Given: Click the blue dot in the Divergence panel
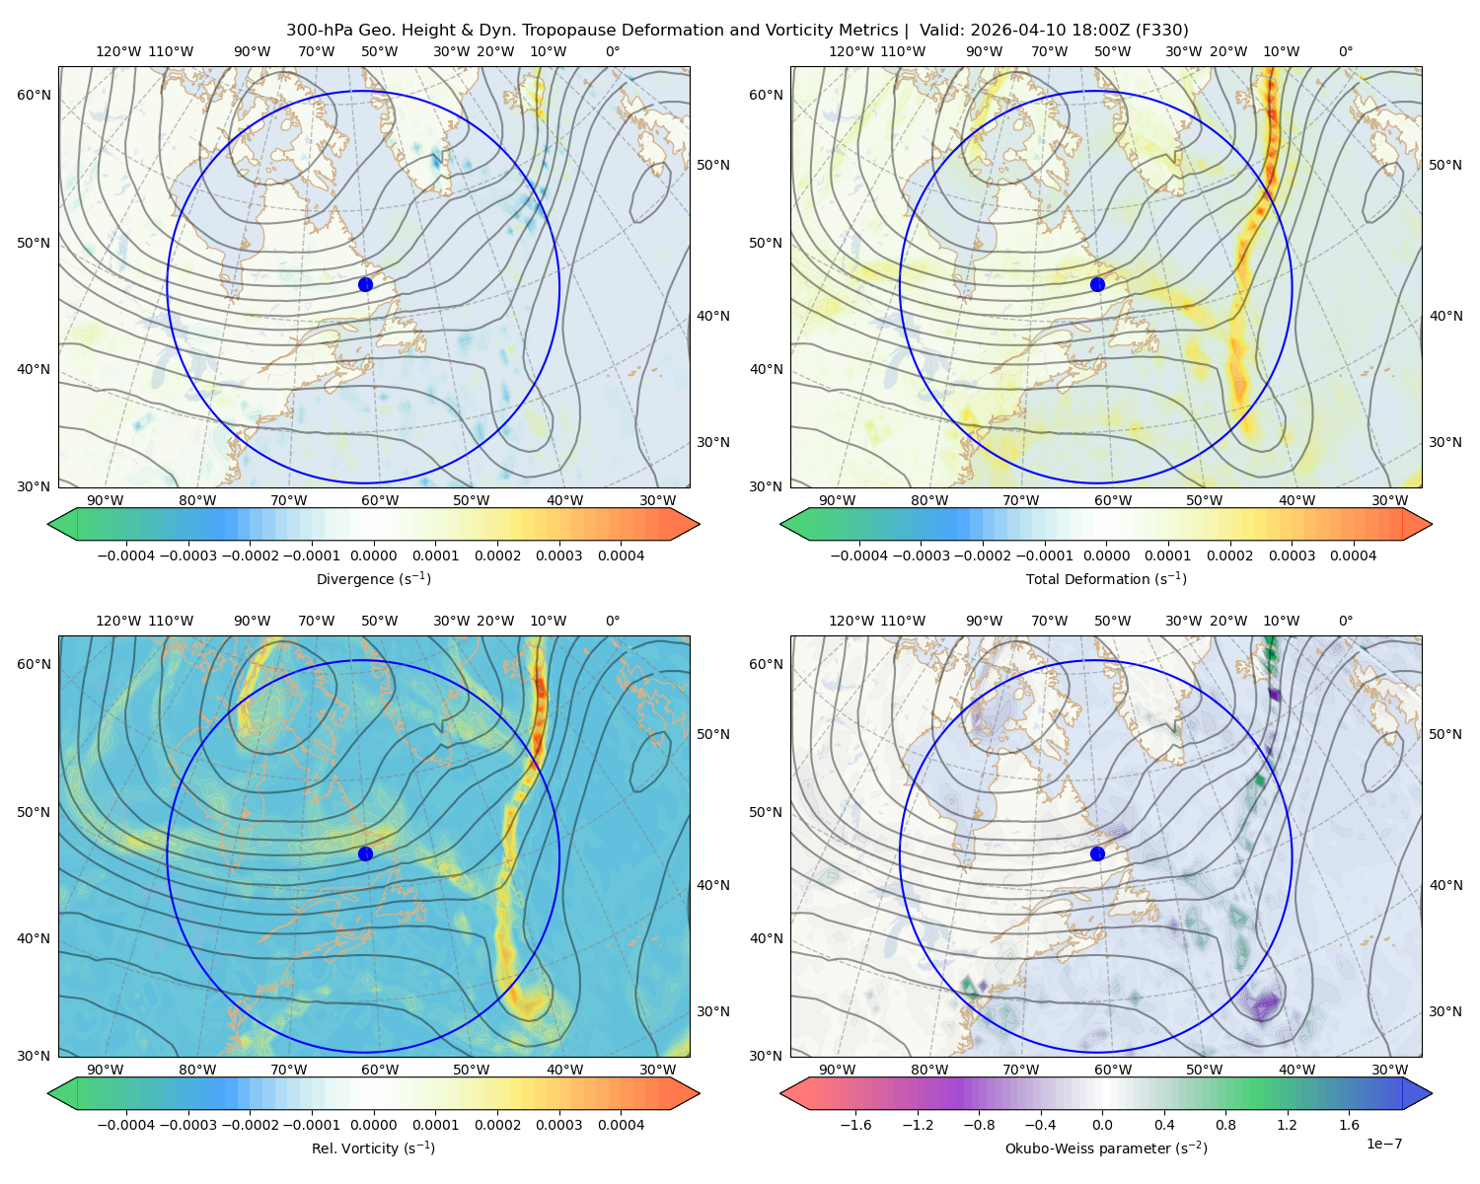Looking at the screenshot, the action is pos(365,284).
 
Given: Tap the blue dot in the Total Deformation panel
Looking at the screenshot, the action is pos(1097,284).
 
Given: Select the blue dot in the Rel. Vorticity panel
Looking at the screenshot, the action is pos(365,853).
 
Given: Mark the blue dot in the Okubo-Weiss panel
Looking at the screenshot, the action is pos(1097,853).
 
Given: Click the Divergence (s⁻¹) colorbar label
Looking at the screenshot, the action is pos(373,578).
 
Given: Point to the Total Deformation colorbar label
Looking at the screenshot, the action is pos(1106,578).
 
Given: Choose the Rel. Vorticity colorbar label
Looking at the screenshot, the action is pos(373,1148).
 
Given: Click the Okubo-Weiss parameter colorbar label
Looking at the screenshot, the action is pos(1106,1148).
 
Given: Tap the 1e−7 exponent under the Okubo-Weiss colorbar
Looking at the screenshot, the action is pos(1383,1144).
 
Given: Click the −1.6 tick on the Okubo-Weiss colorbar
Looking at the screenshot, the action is pos(855,1125).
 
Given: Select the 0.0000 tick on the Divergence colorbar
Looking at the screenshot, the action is pos(373,555).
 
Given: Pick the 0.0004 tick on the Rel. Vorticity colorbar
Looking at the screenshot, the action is pos(621,1125).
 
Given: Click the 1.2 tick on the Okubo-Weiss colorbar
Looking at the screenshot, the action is pos(1287,1125).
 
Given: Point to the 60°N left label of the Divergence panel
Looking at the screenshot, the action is pos(34,95).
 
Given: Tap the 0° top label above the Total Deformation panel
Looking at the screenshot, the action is pos(1345,51).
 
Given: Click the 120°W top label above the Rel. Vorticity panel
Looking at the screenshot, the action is pos(118,621).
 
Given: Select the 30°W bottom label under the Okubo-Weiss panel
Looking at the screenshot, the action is pos(1390,1070).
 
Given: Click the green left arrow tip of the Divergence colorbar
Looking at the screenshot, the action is pos(48,524).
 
